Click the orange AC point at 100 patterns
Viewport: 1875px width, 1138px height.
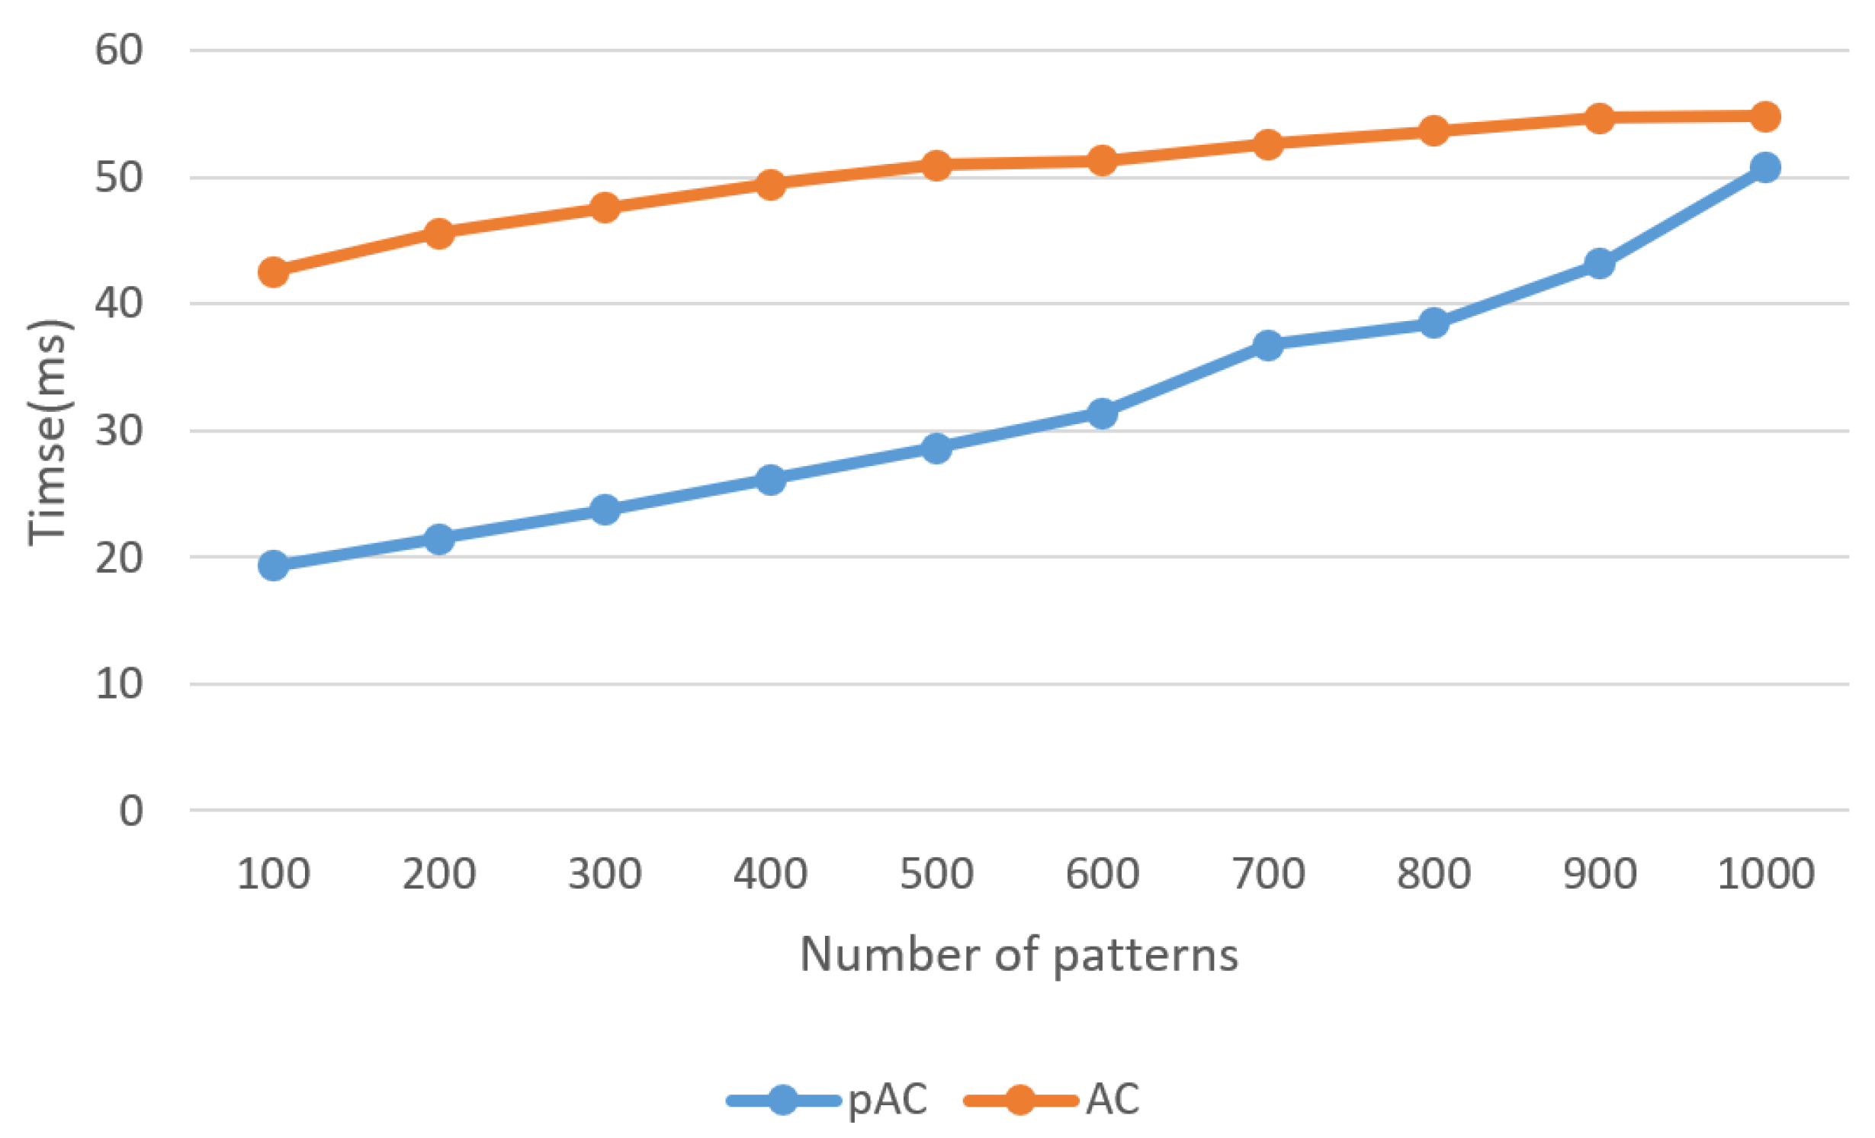pos(273,272)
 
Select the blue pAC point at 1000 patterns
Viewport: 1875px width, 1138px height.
pos(1765,167)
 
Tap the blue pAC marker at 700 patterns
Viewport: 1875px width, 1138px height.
pos(1268,345)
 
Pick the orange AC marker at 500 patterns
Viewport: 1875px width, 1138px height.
pos(936,165)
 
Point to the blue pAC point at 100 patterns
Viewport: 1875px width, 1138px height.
pos(273,565)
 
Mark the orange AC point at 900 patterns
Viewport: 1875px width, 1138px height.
pos(1600,117)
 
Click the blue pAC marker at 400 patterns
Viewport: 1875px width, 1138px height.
pos(771,479)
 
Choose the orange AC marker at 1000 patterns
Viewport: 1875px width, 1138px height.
pos(1765,116)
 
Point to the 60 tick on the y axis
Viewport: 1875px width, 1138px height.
pos(119,50)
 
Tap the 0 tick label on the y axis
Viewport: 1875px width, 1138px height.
pos(130,811)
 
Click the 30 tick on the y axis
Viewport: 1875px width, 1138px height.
pos(119,431)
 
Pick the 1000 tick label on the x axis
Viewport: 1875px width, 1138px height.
pos(1765,873)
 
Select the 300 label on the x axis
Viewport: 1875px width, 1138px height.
pos(605,873)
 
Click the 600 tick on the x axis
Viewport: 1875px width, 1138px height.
pos(1103,873)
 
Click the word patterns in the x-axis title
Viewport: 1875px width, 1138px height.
pos(1145,955)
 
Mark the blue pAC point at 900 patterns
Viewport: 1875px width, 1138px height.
pos(1600,264)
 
